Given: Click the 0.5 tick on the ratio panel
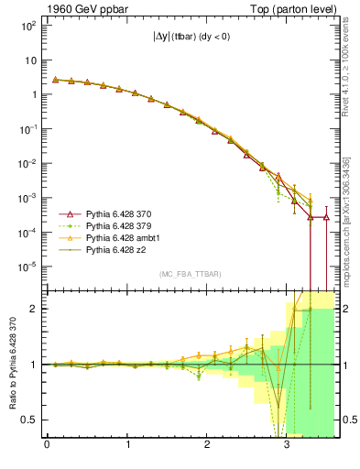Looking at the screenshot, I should click(29, 420).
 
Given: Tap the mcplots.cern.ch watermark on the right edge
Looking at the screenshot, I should click(351, 220).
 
